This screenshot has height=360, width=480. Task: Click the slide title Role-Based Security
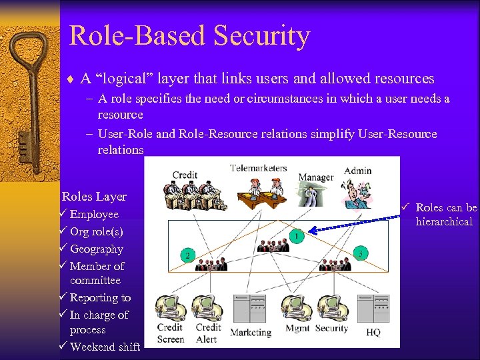(189, 36)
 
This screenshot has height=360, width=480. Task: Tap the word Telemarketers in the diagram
(258, 168)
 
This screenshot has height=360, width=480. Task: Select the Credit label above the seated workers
(185, 175)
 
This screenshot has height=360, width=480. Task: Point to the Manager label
(315, 177)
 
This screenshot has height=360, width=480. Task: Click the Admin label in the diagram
(357, 171)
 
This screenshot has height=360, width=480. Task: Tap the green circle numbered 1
(296, 236)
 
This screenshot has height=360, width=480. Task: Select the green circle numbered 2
(187, 255)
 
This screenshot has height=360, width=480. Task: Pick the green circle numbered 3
(361, 253)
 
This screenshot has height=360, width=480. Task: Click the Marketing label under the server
(251, 332)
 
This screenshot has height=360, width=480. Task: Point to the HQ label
(373, 332)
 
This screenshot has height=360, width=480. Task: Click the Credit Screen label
(170, 333)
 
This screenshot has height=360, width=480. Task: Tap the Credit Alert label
(208, 333)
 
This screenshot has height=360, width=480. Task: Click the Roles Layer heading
(94, 197)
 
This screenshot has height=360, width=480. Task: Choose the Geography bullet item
(96, 249)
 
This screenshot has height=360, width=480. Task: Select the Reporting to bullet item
(100, 297)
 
